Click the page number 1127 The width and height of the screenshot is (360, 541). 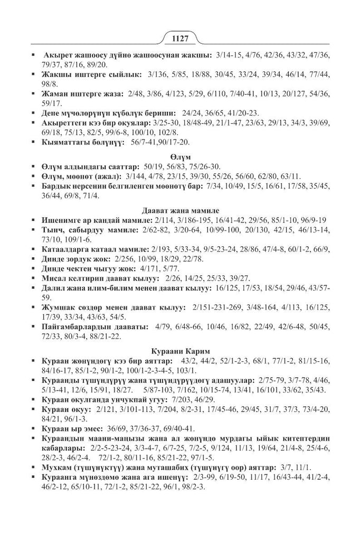(x=179, y=39)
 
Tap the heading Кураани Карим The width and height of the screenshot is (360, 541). (x=180, y=350)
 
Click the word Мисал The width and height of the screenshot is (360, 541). (x=53, y=278)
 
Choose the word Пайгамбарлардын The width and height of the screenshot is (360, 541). (x=75, y=327)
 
